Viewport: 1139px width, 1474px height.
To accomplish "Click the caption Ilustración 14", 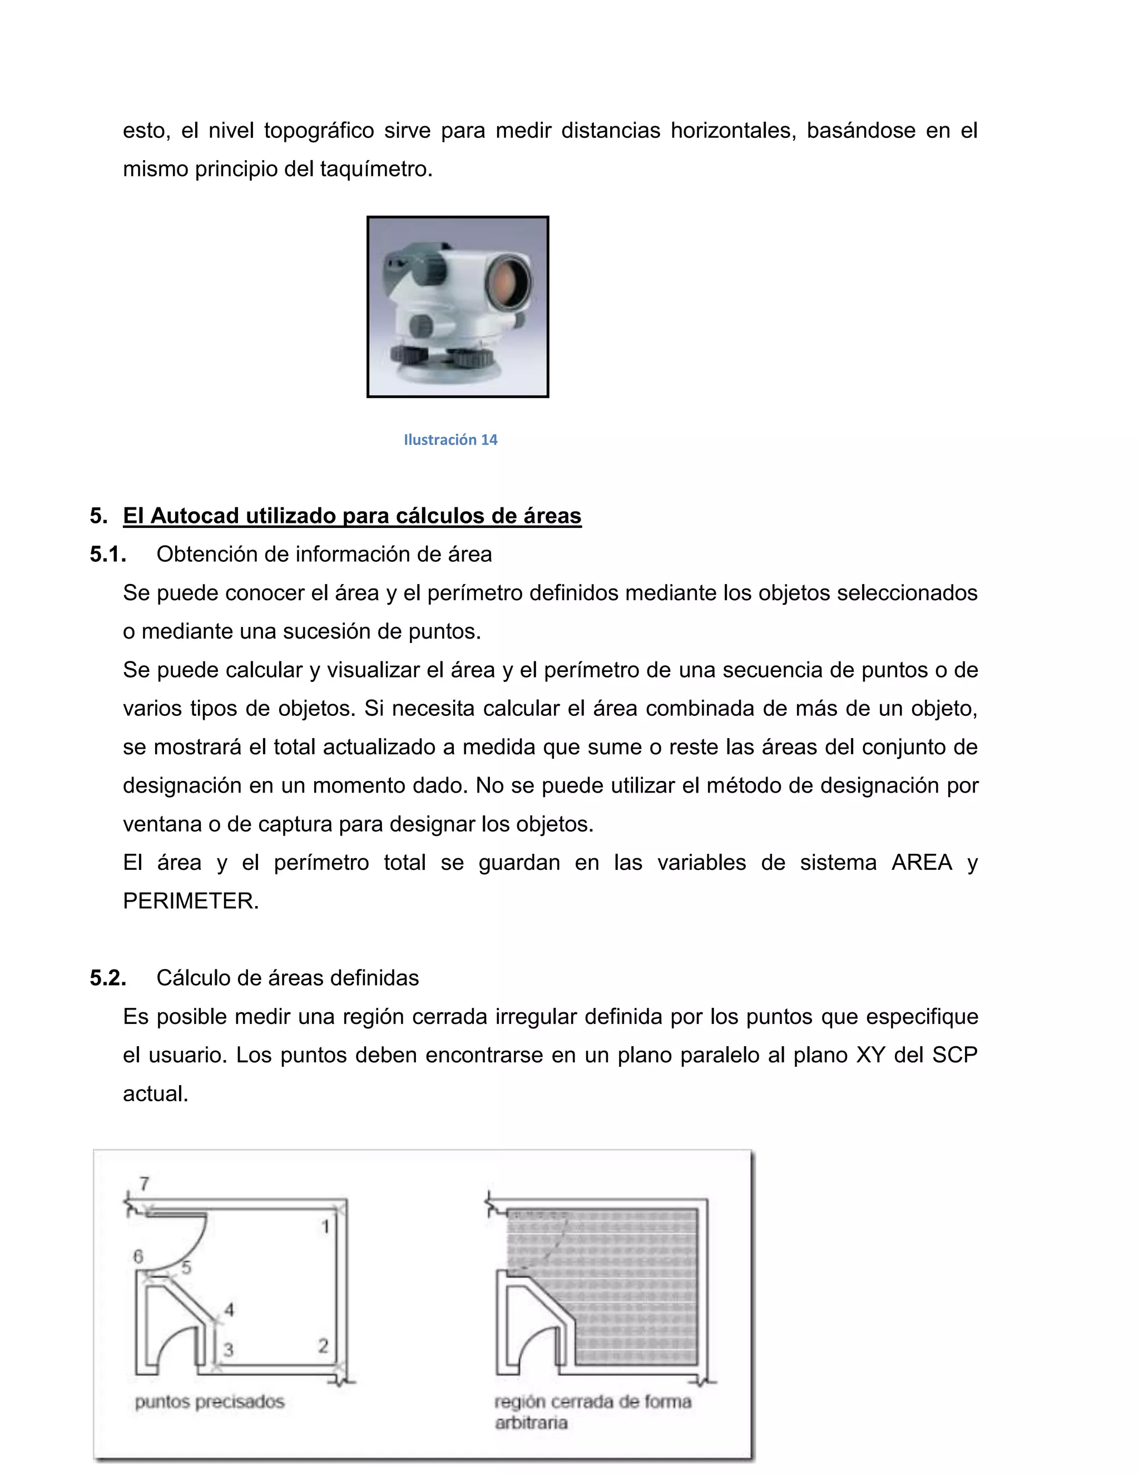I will [x=450, y=439].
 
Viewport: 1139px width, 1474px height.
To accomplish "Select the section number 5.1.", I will [x=108, y=554].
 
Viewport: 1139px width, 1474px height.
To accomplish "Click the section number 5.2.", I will [x=108, y=978].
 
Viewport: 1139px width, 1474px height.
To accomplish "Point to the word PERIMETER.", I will [x=190, y=901].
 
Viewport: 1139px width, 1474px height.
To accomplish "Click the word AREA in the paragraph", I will [x=921, y=863].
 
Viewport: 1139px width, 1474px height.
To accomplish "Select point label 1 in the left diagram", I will [x=325, y=1226].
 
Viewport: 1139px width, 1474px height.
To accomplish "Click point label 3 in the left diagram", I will [x=229, y=1349].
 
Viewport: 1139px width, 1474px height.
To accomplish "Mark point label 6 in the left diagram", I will [x=138, y=1257].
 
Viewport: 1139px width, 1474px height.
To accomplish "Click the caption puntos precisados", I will [x=210, y=1402].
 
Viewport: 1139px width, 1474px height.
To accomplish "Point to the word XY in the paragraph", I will [x=870, y=1055].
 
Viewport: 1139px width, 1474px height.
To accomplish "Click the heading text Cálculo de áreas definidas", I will [x=288, y=978].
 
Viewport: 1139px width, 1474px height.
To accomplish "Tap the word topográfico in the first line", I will [x=319, y=130].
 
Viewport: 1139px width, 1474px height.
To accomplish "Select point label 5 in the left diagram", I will [x=186, y=1268].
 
